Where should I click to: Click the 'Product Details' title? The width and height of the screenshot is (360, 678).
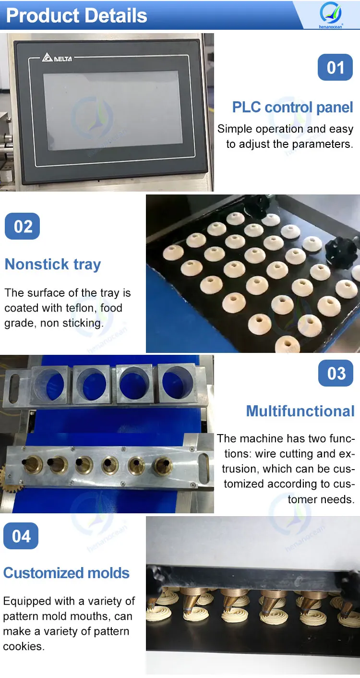click(x=77, y=15)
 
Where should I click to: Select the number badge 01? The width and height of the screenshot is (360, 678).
click(x=336, y=68)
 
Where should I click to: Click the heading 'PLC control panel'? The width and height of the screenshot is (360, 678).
click(x=292, y=107)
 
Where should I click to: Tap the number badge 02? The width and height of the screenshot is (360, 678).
click(x=22, y=226)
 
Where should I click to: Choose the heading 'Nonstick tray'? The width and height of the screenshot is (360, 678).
click(x=53, y=265)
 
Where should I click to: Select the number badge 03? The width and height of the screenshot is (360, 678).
click(x=336, y=374)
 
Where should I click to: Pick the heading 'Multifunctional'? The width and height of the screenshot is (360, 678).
click(x=300, y=411)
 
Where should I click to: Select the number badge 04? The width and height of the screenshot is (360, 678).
click(x=21, y=536)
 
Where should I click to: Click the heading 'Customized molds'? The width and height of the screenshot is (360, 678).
click(x=66, y=573)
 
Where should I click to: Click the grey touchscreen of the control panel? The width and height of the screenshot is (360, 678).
click(x=111, y=110)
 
